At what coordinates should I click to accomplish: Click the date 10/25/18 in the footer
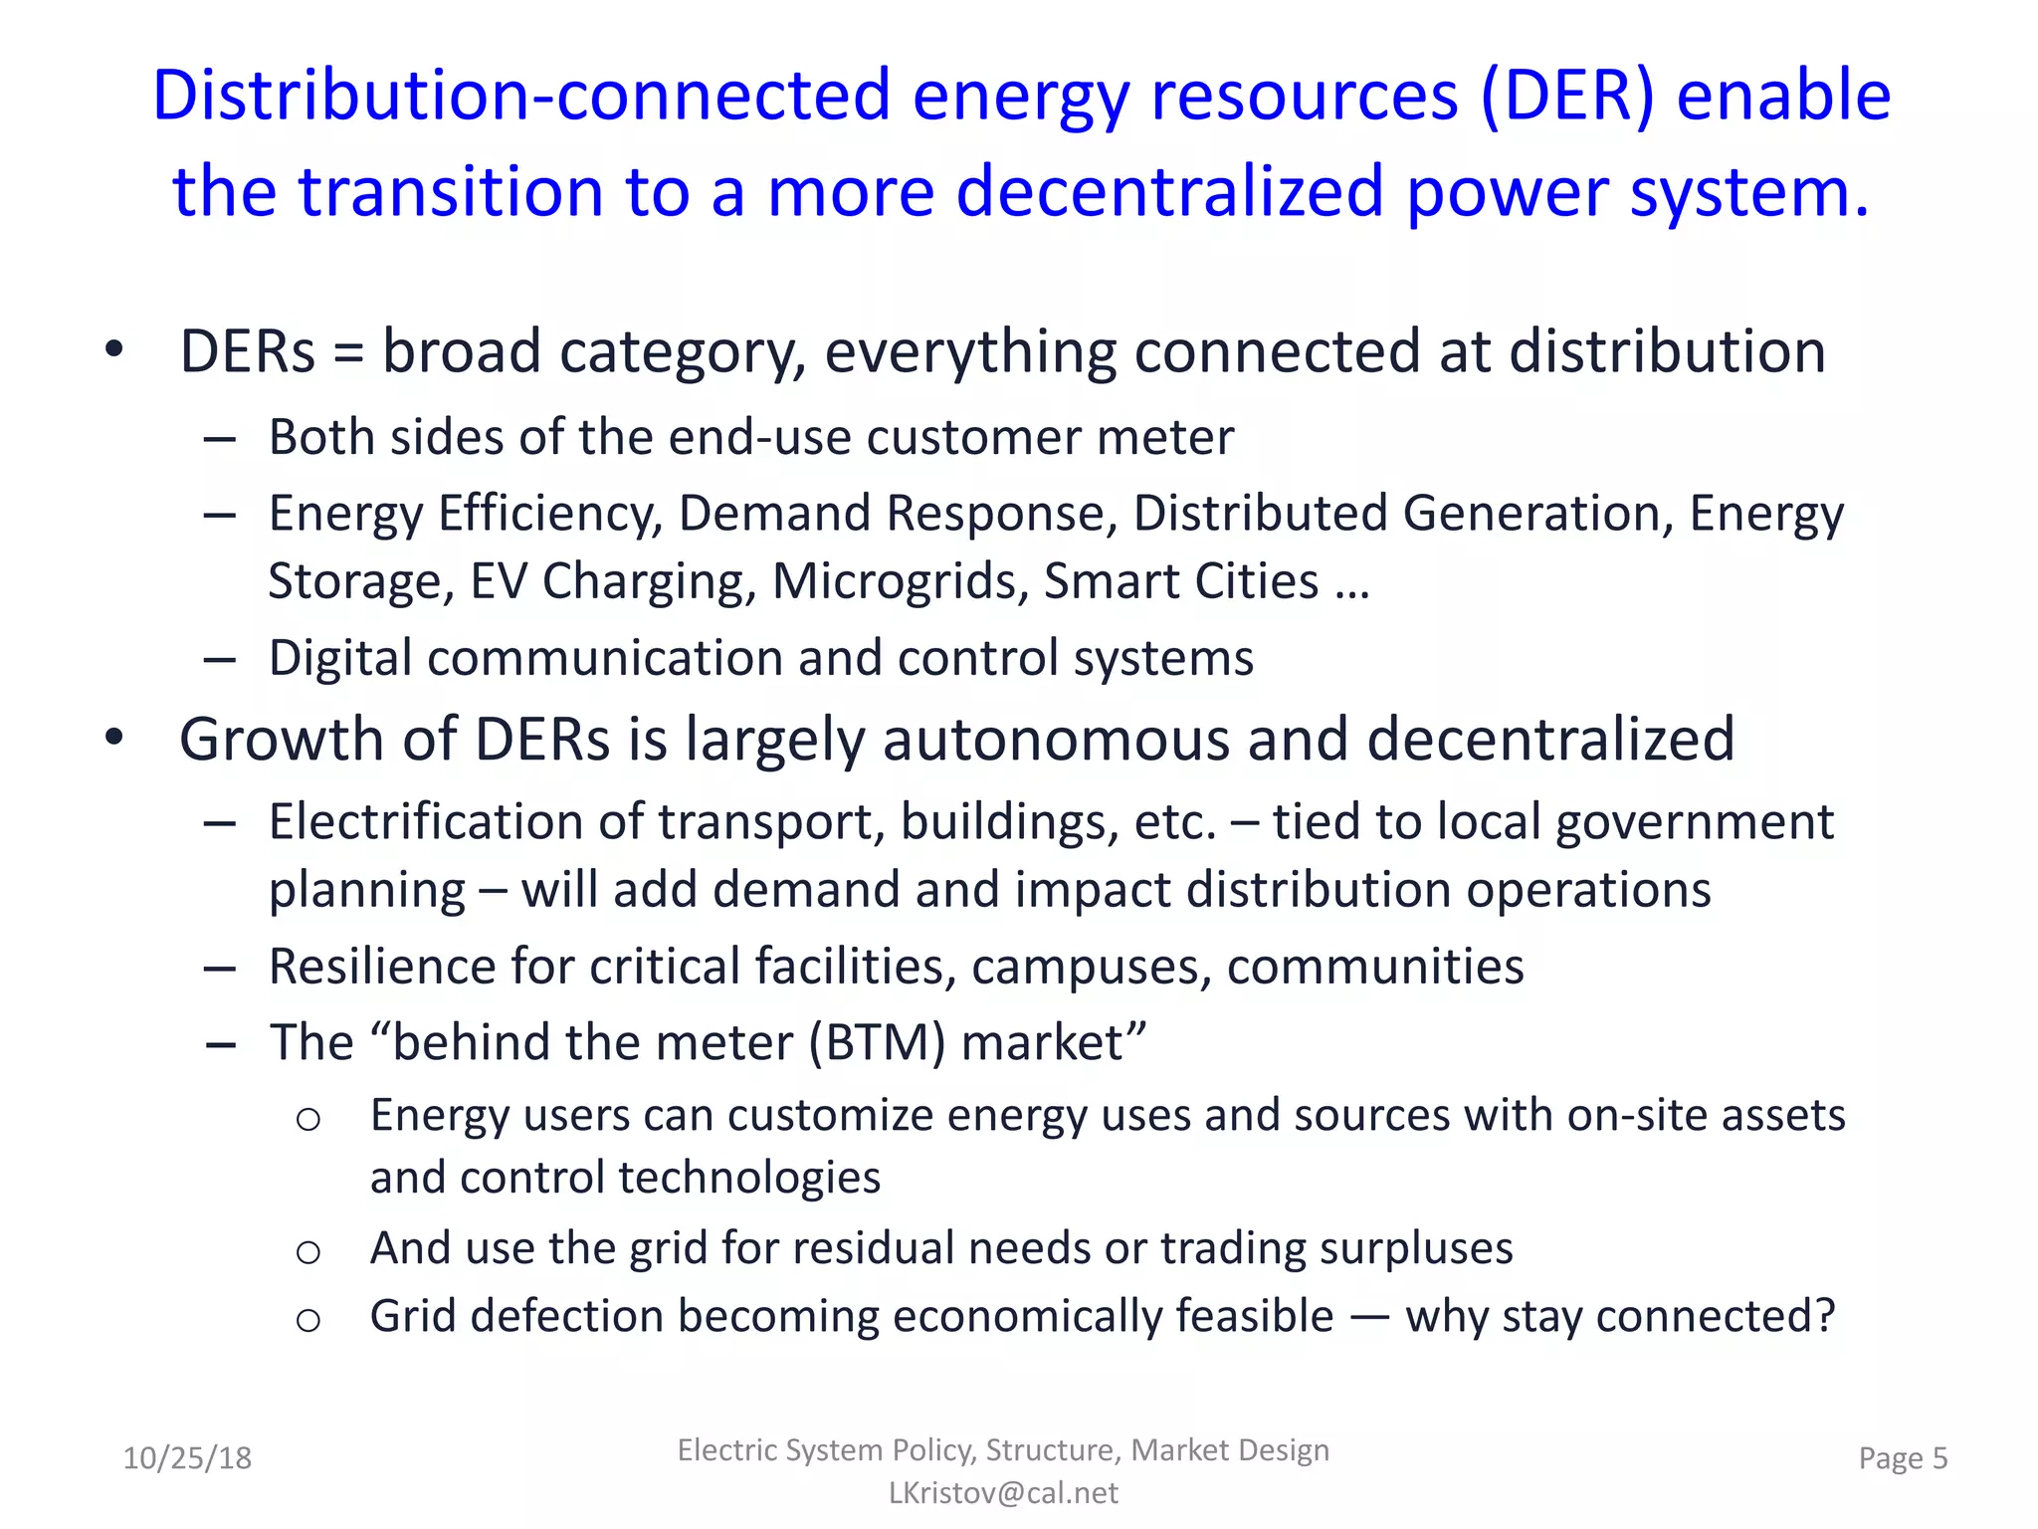(x=187, y=1458)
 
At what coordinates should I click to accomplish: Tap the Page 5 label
(x=1903, y=1458)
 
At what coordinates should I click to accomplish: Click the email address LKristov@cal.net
(x=1003, y=1493)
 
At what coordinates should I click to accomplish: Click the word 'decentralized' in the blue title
(x=1169, y=191)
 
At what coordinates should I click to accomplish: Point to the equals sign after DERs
(x=348, y=352)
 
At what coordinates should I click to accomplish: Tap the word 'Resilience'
(x=382, y=967)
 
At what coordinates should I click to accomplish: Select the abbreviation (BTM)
(x=877, y=1043)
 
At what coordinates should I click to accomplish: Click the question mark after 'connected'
(x=1824, y=1316)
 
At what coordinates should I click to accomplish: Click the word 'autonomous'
(x=1056, y=740)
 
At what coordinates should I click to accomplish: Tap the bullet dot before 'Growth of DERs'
(x=114, y=738)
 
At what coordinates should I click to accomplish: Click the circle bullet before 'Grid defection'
(x=308, y=1320)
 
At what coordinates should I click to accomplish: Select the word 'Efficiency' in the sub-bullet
(x=549, y=515)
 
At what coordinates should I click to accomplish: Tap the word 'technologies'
(x=749, y=1179)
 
